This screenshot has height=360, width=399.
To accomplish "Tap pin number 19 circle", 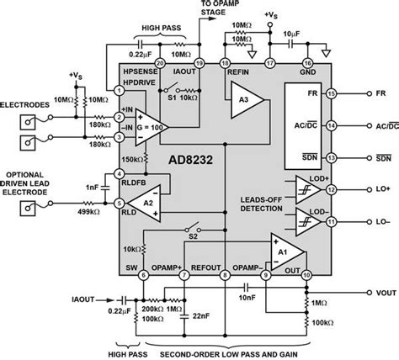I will pos(199,63).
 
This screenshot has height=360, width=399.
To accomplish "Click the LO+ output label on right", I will pos(368,190).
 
